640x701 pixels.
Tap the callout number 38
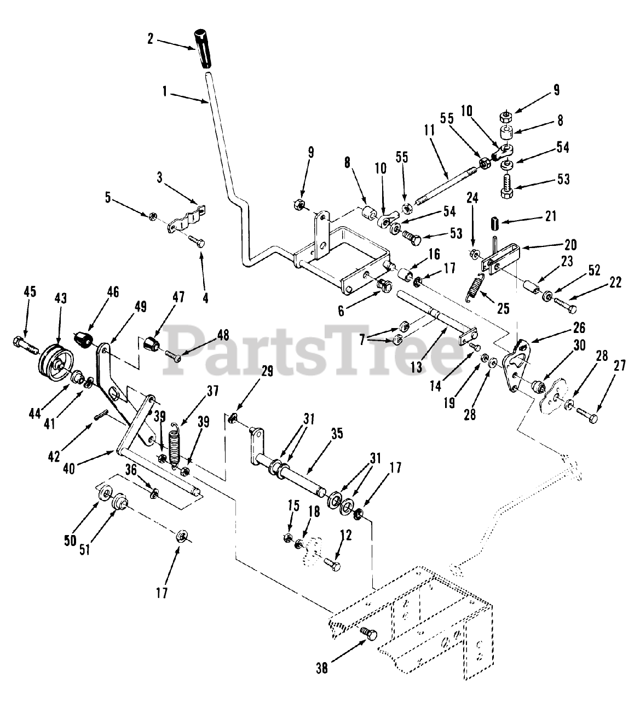point(322,668)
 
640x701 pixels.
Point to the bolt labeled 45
point(24,344)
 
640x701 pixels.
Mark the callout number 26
point(579,328)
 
